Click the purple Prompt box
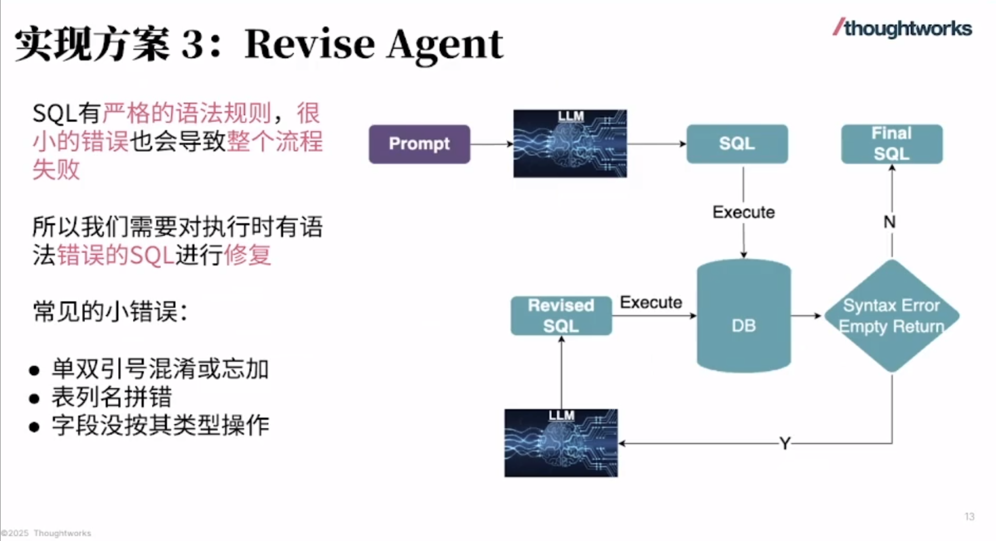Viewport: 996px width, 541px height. point(419,144)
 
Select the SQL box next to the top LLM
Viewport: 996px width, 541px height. point(737,144)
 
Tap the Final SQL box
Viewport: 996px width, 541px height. point(891,144)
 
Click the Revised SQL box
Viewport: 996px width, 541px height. point(561,316)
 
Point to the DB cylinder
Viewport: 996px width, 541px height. point(743,316)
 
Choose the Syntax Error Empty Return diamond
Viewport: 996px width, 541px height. point(892,316)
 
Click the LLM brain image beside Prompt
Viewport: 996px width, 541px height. point(570,144)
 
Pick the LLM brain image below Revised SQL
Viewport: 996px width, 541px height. point(561,443)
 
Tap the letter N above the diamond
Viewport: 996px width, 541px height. point(889,222)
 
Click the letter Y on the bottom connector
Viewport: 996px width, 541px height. point(785,444)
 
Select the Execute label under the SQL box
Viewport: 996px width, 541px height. point(743,212)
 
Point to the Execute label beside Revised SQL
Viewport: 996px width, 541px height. point(651,303)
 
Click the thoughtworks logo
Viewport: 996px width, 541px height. point(902,28)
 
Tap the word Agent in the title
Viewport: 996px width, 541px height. point(445,44)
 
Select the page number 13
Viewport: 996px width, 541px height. point(969,517)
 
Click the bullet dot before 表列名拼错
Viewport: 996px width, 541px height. point(34,398)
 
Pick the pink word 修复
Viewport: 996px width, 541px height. point(247,255)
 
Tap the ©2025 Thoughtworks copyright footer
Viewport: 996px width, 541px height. point(46,533)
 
